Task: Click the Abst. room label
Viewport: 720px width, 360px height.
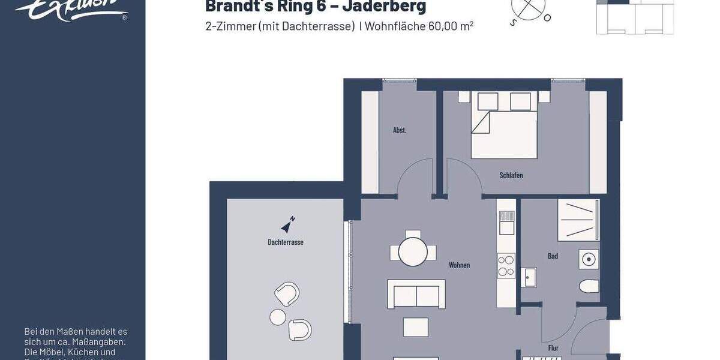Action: [x=400, y=130]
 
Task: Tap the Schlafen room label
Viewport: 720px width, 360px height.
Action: [x=511, y=175]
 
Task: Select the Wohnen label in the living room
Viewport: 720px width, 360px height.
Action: [x=460, y=265]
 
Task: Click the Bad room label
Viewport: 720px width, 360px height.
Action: [x=553, y=256]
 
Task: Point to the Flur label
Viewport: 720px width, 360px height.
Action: [x=553, y=348]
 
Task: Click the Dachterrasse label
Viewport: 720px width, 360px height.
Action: [x=286, y=242]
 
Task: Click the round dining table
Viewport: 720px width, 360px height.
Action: [x=413, y=252]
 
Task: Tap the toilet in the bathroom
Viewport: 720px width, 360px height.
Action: [x=589, y=286]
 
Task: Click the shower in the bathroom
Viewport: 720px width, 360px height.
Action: [x=578, y=220]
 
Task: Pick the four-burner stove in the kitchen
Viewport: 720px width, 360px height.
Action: [x=506, y=266]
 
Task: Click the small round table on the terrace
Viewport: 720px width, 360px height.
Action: [x=278, y=316]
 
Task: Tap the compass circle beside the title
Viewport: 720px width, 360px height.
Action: [x=529, y=7]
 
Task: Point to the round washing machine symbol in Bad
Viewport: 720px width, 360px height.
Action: [x=589, y=260]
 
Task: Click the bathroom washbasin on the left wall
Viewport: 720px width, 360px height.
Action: [x=529, y=278]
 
